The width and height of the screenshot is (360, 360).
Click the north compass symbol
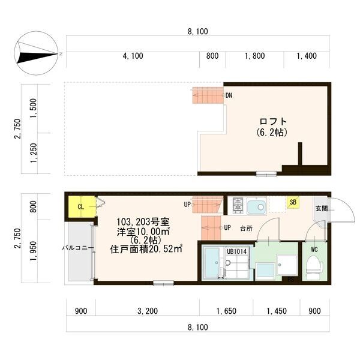(x=37, y=53)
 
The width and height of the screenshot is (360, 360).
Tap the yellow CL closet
(x=80, y=207)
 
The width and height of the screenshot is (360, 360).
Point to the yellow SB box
(x=292, y=203)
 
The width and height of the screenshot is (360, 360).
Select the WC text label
(x=314, y=248)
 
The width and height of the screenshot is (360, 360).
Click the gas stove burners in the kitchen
(x=238, y=205)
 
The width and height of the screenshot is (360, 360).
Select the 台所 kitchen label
(x=246, y=228)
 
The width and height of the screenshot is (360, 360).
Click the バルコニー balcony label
(x=76, y=247)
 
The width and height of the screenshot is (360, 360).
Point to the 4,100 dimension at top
(x=133, y=56)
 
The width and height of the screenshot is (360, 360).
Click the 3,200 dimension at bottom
(x=147, y=311)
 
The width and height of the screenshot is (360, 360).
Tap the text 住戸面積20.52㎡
(x=146, y=248)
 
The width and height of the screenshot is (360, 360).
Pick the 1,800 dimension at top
(x=254, y=56)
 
